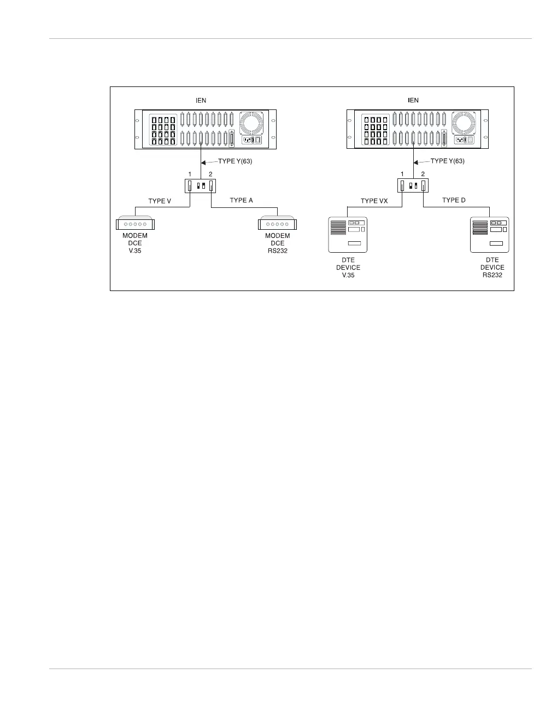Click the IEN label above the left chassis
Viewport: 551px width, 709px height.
click(x=201, y=100)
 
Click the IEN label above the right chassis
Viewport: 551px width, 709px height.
click(x=413, y=100)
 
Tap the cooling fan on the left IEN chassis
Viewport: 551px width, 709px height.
click(x=251, y=123)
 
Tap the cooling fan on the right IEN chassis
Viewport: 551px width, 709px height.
click(x=463, y=123)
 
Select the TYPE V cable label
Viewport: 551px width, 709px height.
click(x=160, y=201)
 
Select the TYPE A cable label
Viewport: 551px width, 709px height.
click(x=241, y=200)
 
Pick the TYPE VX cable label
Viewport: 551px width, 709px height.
click(x=374, y=201)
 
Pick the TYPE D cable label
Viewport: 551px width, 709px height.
click(x=454, y=200)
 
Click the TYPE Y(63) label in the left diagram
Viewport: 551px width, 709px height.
click(x=235, y=161)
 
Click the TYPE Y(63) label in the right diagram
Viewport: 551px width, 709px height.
click(x=447, y=161)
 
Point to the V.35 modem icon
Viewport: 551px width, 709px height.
click(x=136, y=223)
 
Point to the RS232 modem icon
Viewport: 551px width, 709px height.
click(x=277, y=223)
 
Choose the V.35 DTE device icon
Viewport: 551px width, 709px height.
click(x=348, y=235)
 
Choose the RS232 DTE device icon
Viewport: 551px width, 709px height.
click(x=489, y=235)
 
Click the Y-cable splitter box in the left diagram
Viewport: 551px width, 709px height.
click(x=201, y=185)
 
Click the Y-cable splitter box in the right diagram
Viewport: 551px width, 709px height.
click(x=413, y=185)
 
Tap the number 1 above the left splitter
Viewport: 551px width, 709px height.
click(x=190, y=174)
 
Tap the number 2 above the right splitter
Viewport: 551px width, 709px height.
click(x=423, y=174)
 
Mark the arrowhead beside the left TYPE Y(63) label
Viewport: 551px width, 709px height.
click(x=204, y=162)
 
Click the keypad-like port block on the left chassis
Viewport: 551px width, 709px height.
click(x=163, y=130)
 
